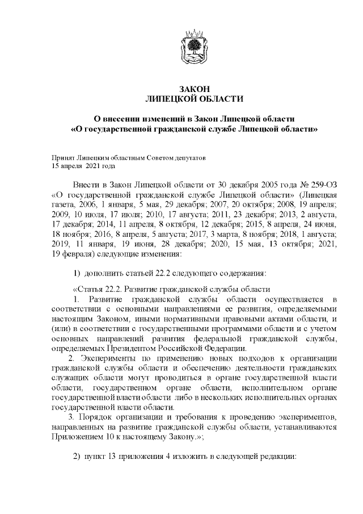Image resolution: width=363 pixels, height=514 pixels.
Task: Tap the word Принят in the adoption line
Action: coord(62,157)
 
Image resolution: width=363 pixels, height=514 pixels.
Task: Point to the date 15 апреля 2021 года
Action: coord(83,166)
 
